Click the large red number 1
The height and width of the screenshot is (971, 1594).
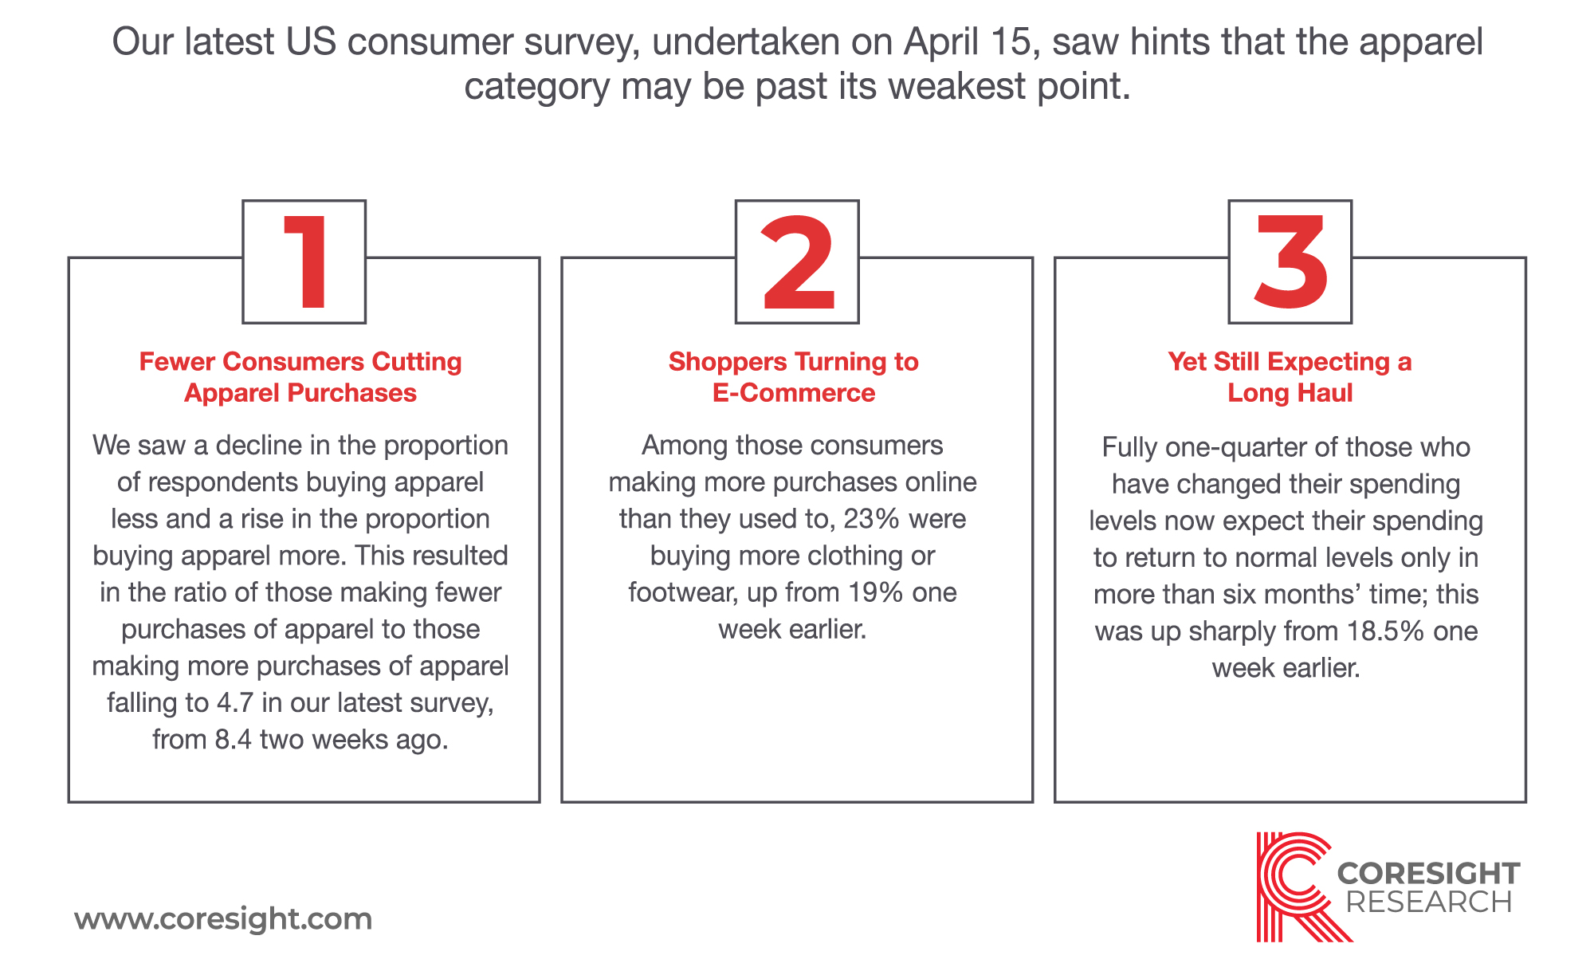tap(307, 262)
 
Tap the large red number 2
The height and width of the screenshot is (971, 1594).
tap(798, 262)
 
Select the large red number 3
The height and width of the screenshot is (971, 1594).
tap(1290, 262)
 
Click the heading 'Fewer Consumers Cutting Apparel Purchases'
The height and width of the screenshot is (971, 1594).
tap(300, 377)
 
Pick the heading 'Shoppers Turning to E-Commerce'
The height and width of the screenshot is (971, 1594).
tap(794, 377)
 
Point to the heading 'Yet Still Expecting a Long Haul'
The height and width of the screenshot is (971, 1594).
tap(1290, 377)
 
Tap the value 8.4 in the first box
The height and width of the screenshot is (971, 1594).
tap(233, 740)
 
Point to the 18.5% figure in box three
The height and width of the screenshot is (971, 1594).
tap(1385, 631)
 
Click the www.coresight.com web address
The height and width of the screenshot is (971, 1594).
tap(223, 919)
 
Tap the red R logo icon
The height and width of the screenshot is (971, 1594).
tap(1295, 886)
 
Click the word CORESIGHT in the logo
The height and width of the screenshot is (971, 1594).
tap(1428, 873)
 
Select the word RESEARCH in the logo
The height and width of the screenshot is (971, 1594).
tap(1428, 902)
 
